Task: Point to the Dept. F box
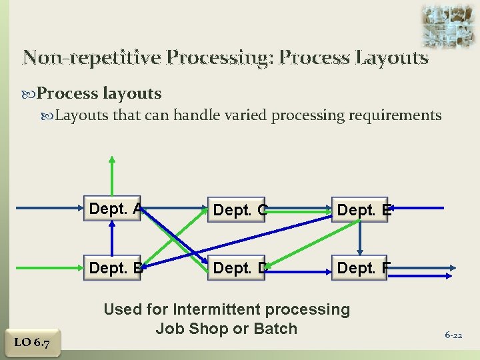[361, 269]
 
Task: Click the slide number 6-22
[453, 335]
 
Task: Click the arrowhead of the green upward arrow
[112, 159]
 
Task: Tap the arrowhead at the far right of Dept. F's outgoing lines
[453, 269]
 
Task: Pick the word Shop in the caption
[208, 328]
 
